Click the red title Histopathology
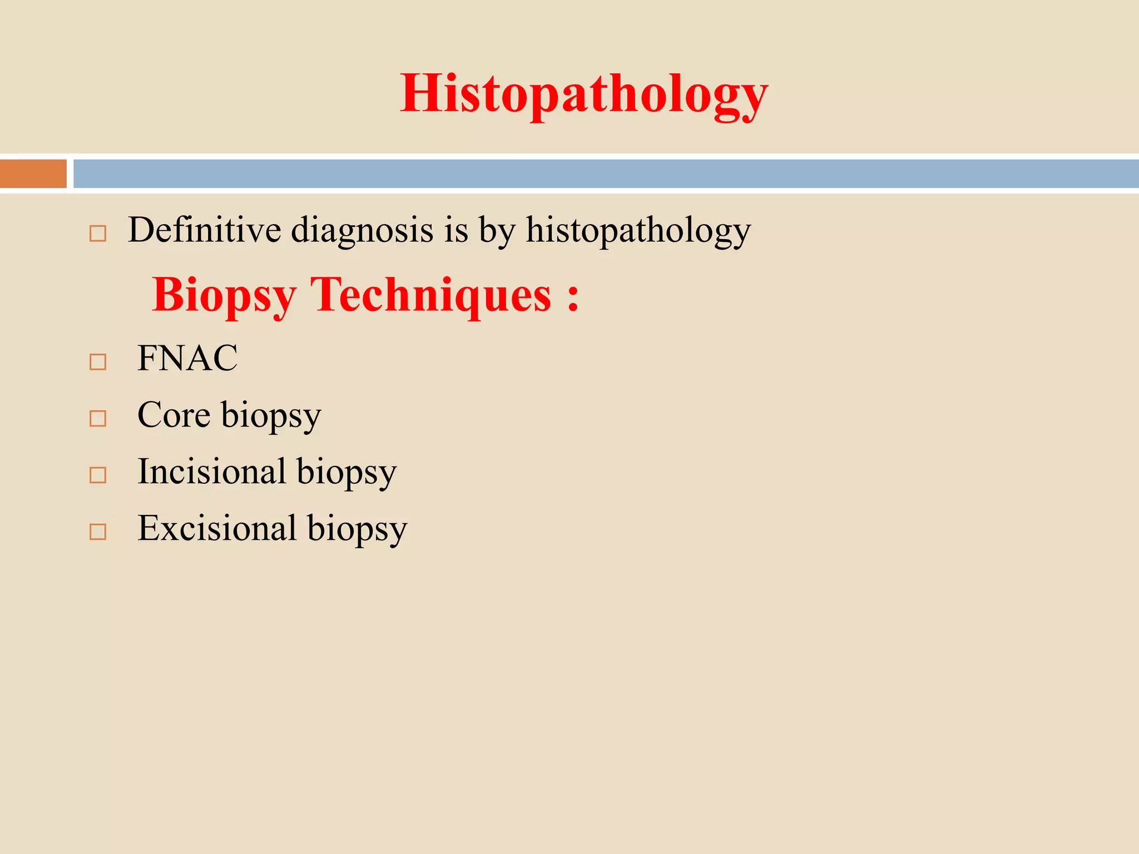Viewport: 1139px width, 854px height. (584, 93)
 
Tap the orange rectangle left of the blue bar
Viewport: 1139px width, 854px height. (33, 173)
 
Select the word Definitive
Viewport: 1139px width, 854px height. (204, 230)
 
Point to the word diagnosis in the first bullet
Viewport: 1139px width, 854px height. (362, 230)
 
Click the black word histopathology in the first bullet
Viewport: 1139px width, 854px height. (638, 230)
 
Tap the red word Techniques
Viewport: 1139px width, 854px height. (430, 295)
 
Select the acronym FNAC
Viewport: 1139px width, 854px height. (187, 358)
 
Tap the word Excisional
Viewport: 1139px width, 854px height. (217, 528)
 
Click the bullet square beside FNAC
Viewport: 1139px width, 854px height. (98, 362)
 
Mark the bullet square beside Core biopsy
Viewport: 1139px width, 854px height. (98, 419)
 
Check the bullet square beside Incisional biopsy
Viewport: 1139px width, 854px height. (98, 475)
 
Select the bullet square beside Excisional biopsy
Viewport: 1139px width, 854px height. (98, 532)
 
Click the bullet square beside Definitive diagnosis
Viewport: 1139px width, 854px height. (98, 234)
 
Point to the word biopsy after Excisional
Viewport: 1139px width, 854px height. (357, 529)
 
